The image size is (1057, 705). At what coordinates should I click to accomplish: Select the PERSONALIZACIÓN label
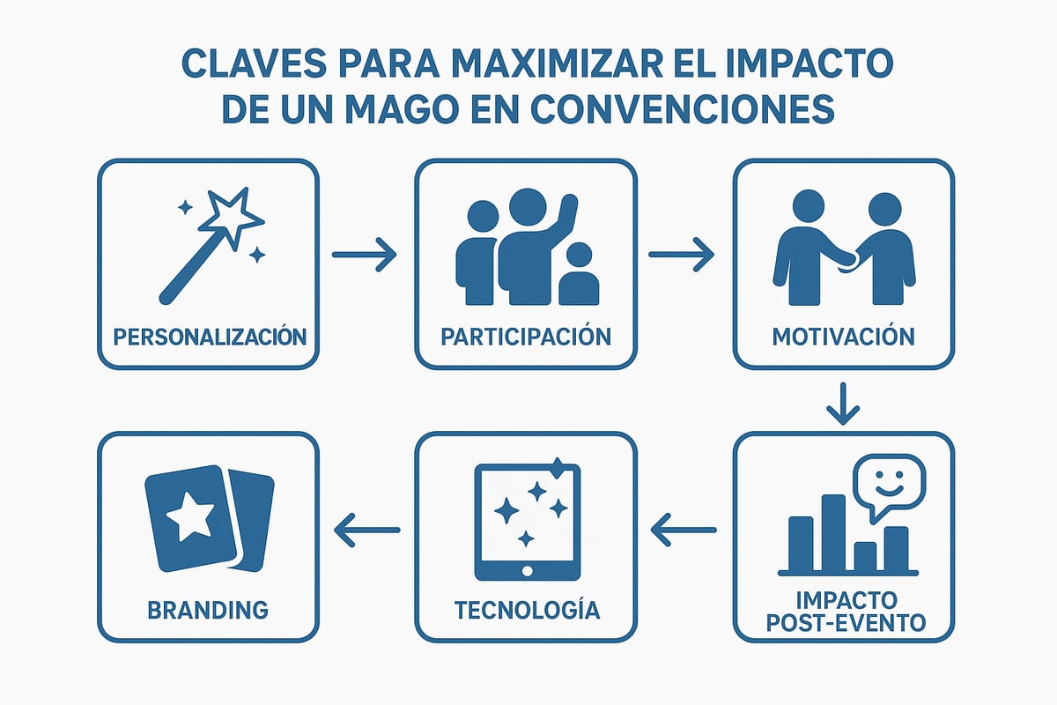click(210, 336)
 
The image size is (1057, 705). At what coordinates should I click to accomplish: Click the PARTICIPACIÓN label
click(526, 336)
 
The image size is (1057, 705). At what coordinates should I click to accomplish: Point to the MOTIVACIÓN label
click(843, 336)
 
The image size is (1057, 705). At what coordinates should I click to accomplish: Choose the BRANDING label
click(209, 609)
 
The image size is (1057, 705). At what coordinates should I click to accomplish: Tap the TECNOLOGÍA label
click(527, 609)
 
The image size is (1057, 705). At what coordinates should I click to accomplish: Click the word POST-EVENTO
click(844, 623)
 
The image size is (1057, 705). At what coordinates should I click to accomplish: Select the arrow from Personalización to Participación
click(366, 256)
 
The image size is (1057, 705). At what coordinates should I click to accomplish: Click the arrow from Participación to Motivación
click(681, 256)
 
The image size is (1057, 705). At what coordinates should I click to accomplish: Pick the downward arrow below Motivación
click(843, 403)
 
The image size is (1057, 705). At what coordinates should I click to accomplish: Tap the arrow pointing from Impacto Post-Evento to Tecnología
click(683, 529)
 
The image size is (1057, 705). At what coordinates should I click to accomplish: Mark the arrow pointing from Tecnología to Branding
click(367, 529)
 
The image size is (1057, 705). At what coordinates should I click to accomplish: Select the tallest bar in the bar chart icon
click(833, 533)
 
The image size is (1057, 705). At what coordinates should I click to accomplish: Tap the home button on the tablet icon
click(526, 571)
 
